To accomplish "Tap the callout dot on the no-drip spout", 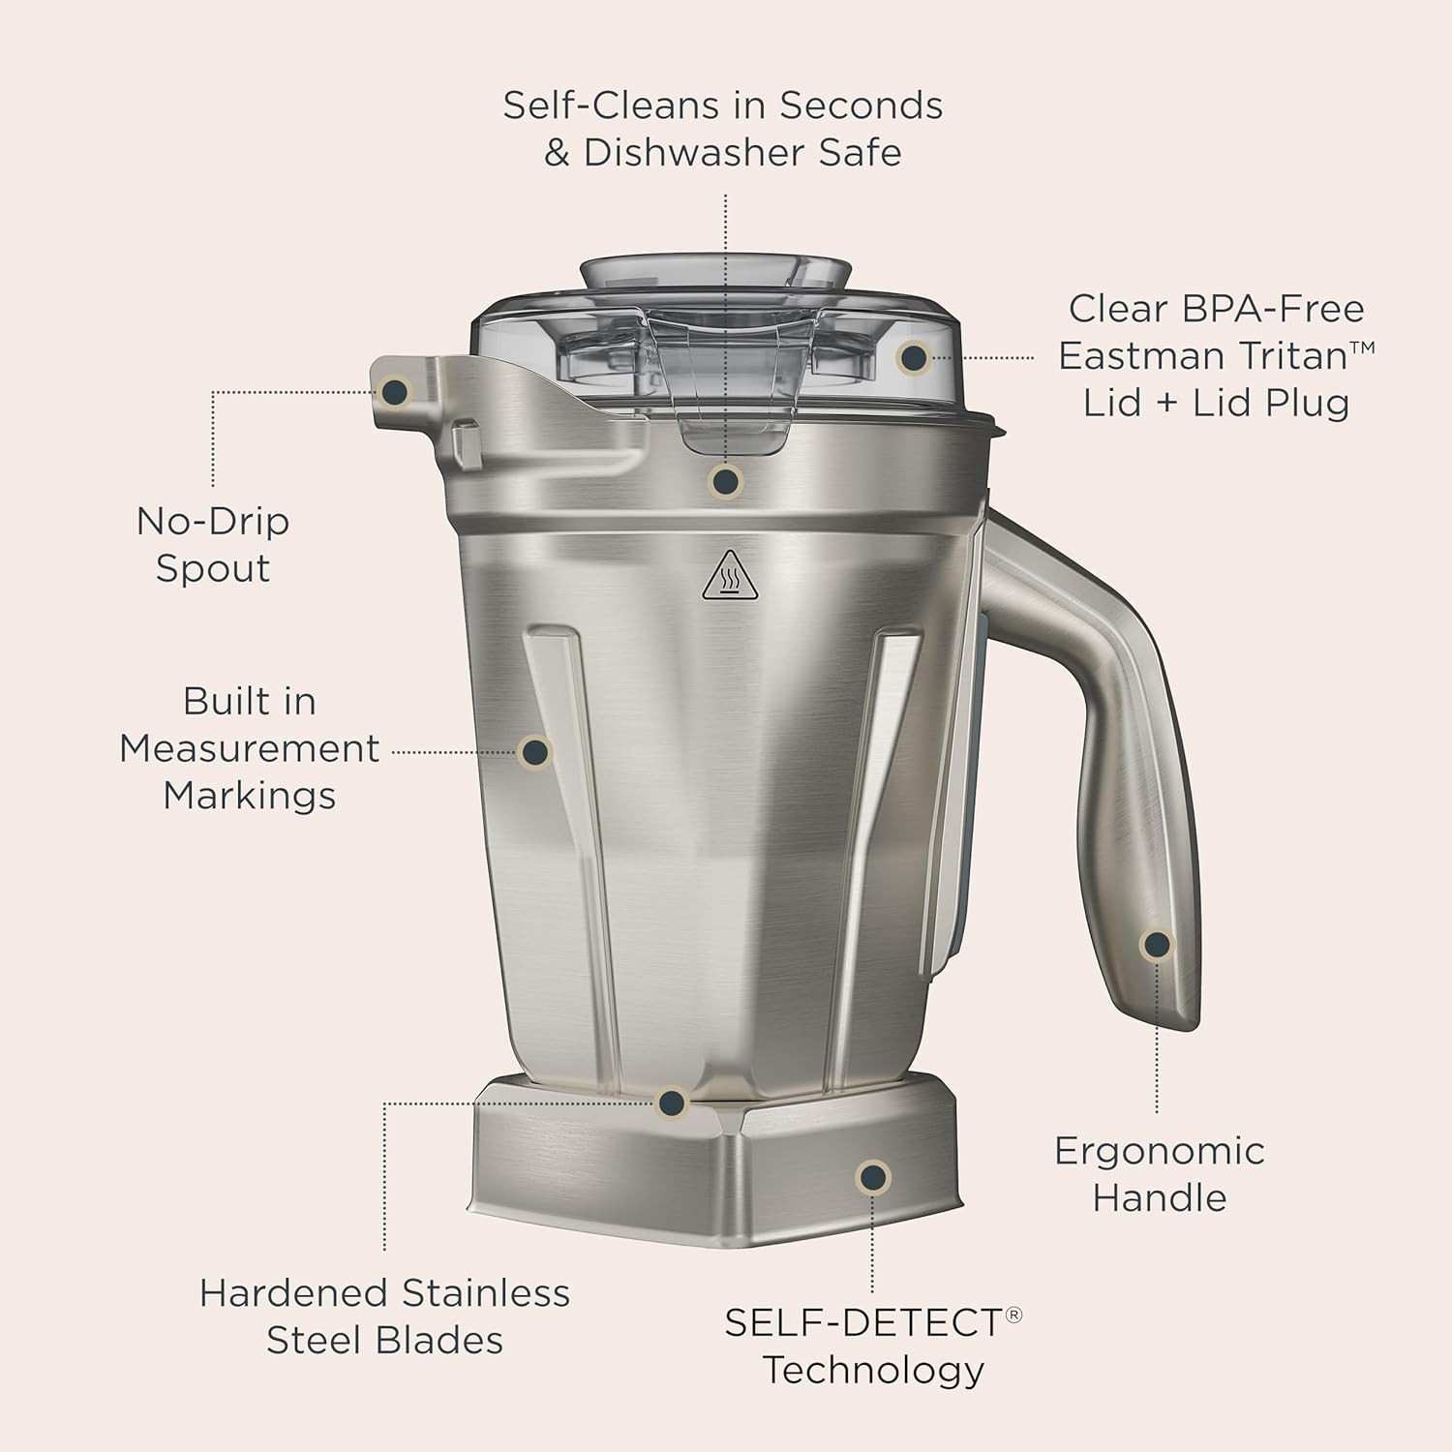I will click(x=395, y=392).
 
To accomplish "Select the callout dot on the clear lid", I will click(x=913, y=358).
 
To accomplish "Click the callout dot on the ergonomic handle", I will click(x=1157, y=945).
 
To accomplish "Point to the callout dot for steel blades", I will click(x=671, y=1103).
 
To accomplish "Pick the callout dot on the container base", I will click(x=873, y=1177).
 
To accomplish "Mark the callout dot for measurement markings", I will click(x=535, y=751).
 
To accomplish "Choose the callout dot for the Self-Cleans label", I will click(x=725, y=480).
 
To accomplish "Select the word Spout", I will click(x=213, y=568).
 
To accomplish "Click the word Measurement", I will click(x=250, y=748).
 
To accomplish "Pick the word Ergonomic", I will click(x=1159, y=1151).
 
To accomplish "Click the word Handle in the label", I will click(x=1159, y=1198).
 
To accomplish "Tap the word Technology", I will click(x=873, y=1370).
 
